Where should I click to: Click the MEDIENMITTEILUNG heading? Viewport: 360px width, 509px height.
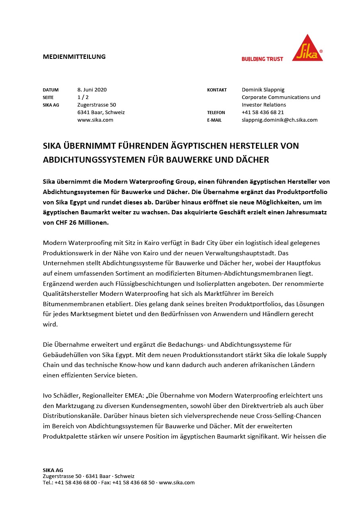pyautogui.click(x=74, y=56)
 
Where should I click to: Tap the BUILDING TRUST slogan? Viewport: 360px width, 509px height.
pyautogui.click(x=262, y=59)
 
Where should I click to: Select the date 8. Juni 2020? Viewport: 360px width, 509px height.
pyautogui.click(x=92, y=89)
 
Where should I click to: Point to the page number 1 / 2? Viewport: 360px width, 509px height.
pyautogui.click(x=83, y=97)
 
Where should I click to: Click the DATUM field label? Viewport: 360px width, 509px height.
pyautogui.click(x=51, y=90)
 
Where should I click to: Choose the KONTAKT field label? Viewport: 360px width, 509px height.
pyautogui.click(x=217, y=90)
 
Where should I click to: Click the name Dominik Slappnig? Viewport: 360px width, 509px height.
pyautogui.click(x=263, y=89)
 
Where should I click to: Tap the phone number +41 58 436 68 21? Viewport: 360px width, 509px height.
pyautogui.click(x=263, y=112)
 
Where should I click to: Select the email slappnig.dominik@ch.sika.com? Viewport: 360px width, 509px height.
pyautogui.click(x=279, y=120)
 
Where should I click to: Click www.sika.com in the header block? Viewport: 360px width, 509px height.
pyautogui.click(x=95, y=120)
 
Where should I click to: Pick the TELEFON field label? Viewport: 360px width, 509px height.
pyautogui.click(x=216, y=113)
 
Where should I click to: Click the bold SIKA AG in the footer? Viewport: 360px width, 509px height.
pyautogui.click(x=53, y=470)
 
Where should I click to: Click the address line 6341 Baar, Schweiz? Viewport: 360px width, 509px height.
pyautogui.click(x=101, y=112)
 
